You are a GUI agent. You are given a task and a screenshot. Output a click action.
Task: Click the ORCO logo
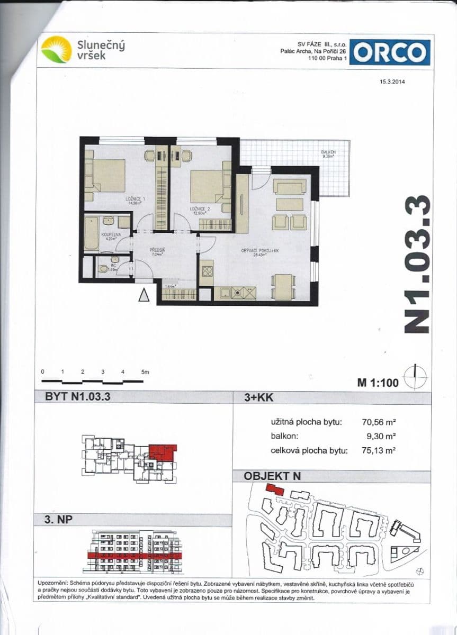click(390, 52)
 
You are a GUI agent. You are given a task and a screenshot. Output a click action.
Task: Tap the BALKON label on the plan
click(328, 154)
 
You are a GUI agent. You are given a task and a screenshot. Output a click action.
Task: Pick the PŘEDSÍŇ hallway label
click(157, 251)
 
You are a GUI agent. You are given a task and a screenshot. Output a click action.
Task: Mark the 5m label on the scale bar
click(146, 372)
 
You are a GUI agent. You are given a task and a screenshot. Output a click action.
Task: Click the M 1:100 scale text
click(378, 383)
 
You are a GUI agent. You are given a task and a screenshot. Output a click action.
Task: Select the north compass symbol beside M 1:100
click(415, 377)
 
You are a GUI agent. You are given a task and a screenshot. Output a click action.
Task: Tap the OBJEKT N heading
click(272, 476)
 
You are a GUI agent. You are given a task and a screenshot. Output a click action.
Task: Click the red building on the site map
click(274, 489)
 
